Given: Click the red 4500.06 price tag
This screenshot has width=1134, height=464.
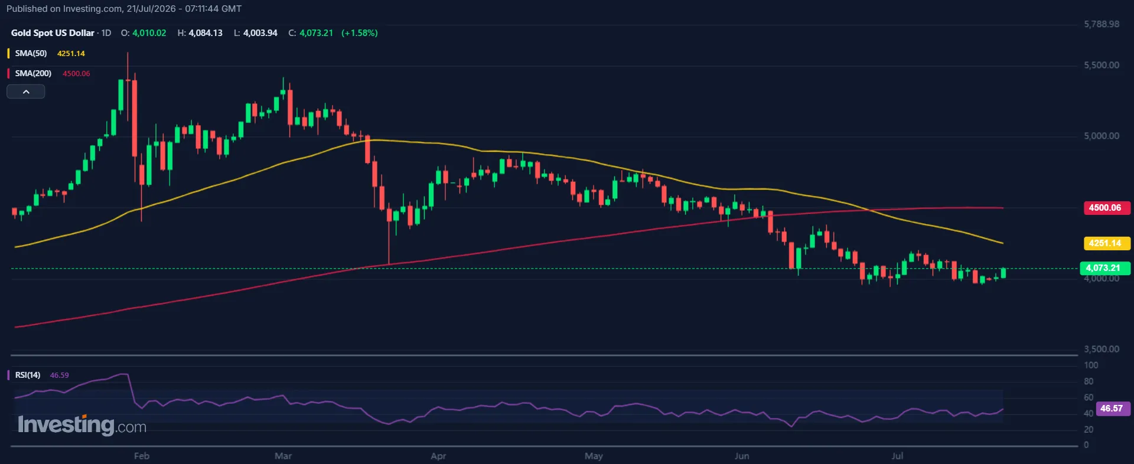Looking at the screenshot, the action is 1106,208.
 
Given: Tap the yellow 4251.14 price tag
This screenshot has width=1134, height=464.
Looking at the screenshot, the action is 1106,243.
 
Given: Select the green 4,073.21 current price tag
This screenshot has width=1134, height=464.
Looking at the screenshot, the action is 1104,268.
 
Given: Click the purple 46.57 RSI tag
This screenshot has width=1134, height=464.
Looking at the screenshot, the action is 1113,409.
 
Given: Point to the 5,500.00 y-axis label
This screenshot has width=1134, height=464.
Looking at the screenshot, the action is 1102,65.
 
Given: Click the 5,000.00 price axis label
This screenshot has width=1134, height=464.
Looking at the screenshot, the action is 1102,136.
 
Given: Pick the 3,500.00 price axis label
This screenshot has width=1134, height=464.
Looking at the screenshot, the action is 1102,349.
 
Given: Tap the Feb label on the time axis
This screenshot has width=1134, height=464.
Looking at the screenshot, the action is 142,456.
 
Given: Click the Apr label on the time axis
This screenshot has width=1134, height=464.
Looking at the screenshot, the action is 438,456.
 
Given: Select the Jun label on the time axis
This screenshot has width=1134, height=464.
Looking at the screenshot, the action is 742,456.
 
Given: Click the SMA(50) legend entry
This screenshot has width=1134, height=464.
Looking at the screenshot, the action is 31,53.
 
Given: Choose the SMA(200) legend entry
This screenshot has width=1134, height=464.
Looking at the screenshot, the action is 33,73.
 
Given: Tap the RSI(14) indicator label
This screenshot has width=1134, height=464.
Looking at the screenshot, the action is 28,375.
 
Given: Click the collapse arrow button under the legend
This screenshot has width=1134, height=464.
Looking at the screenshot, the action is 26,92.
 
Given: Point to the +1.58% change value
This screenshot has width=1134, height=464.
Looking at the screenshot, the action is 360,33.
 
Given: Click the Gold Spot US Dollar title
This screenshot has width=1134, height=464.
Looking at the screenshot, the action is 53,33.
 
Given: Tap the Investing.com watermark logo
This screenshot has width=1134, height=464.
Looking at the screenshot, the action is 82,425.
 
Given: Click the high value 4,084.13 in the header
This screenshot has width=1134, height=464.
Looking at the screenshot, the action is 206,33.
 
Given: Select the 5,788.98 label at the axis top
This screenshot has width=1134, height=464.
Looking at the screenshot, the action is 1102,24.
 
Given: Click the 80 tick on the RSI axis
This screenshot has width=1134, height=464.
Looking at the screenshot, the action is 1089,381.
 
